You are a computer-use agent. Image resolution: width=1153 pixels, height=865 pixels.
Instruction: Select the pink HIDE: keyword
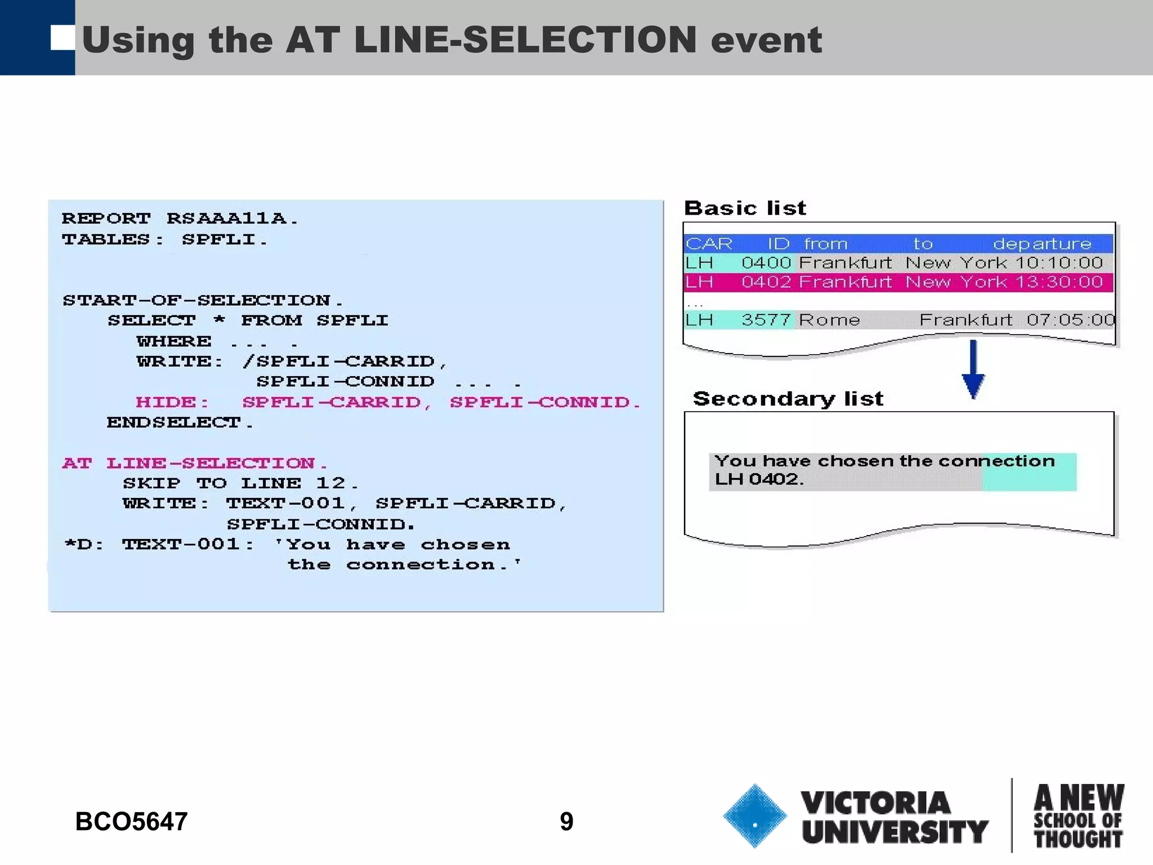[172, 402]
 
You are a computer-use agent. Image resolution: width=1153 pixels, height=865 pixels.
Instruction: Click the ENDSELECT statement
[180, 422]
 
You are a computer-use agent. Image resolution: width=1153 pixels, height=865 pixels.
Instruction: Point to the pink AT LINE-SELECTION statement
[195, 463]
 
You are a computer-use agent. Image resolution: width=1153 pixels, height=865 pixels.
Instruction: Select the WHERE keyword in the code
[174, 341]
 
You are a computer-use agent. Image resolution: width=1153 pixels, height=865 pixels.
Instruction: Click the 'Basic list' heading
[745, 208]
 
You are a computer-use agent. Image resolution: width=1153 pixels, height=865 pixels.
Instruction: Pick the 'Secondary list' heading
[788, 399]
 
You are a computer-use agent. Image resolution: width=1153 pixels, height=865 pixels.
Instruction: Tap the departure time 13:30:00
[1058, 282]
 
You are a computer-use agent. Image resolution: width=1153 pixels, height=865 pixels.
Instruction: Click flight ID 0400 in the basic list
[766, 262]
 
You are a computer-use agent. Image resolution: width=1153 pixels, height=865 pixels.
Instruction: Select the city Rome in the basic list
[829, 320]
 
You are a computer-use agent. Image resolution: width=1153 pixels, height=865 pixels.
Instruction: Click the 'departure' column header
[1042, 243]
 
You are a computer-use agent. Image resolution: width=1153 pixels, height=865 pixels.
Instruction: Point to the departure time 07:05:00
[1070, 320]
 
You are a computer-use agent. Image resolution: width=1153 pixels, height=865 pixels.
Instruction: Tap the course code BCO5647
[131, 821]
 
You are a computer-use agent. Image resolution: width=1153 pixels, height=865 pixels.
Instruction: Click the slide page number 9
[566, 821]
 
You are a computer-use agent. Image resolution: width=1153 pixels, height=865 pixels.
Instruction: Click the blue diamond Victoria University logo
[754, 815]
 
